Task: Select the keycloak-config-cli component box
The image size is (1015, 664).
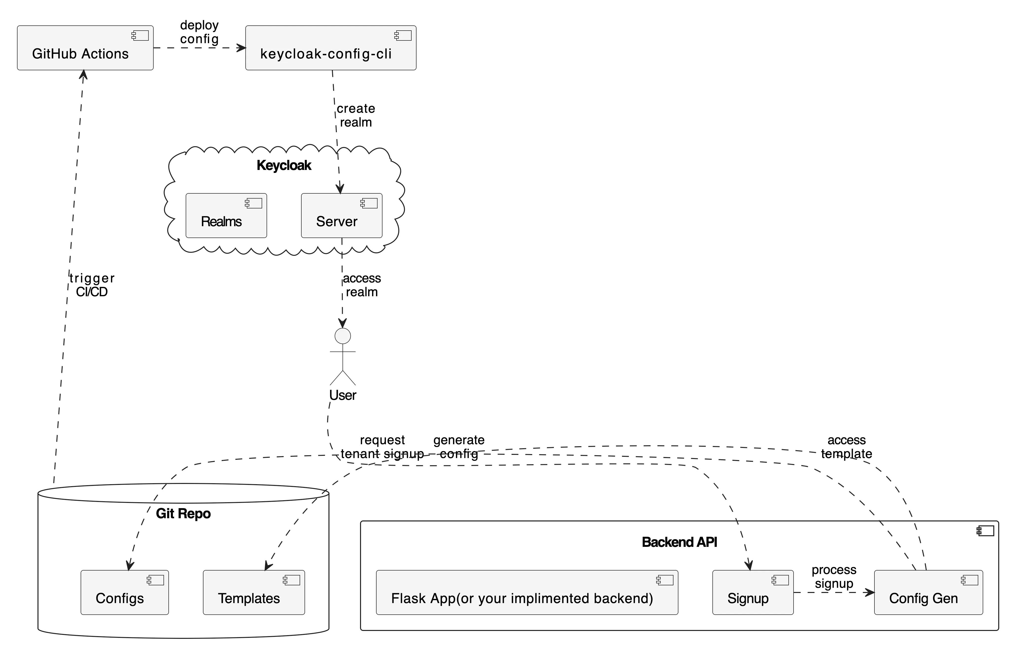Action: (x=330, y=48)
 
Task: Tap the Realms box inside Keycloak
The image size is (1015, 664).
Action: (x=226, y=215)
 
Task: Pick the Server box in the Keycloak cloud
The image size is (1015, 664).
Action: (x=341, y=215)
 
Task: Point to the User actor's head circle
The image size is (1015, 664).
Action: (x=343, y=336)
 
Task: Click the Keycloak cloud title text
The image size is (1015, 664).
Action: (x=284, y=166)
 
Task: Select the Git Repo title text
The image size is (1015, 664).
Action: (x=183, y=514)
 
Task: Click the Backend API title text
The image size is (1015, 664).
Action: (x=679, y=542)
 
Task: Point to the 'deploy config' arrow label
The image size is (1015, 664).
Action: (x=199, y=32)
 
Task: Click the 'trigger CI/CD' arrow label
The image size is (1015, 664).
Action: (x=92, y=285)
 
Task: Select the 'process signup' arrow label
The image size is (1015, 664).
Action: (x=834, y=577)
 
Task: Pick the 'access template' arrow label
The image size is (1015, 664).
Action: (x=847, y=446)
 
